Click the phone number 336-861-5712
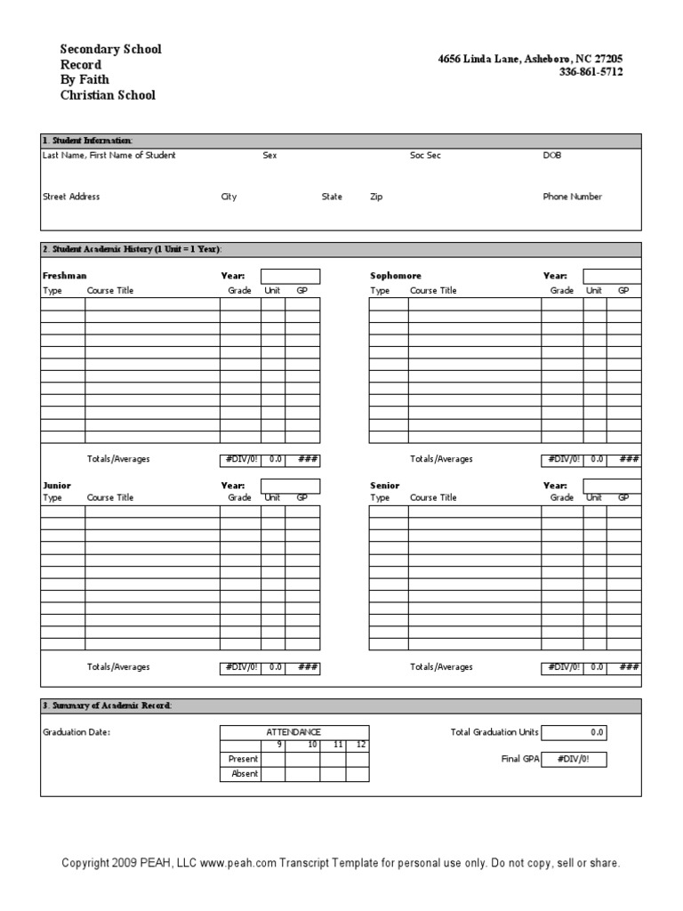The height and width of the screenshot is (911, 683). [591, 73]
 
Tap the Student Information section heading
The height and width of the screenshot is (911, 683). [88, 141]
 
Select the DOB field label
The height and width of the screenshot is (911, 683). [552, 156]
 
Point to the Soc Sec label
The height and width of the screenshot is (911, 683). [425, 156]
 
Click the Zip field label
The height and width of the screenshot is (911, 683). [376, 197]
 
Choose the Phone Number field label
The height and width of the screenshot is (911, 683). [572, 197]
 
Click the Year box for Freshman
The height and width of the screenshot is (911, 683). [290, 276]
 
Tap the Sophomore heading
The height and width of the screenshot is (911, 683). [396, 276]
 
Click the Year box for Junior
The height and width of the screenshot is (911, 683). [290, 485]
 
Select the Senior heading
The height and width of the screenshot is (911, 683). [385, 486]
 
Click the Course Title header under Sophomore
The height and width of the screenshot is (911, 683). [433, 291]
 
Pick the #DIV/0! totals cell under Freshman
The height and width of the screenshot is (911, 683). [240, 459]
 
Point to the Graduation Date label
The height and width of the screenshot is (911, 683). [76, 733]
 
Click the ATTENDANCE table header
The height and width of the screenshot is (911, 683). [293, 731]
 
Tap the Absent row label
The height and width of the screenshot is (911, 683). [245, 774]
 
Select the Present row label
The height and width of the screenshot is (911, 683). [244, 759]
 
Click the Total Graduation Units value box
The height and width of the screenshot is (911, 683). [575, 732]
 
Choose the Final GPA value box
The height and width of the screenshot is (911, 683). [575, 759]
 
